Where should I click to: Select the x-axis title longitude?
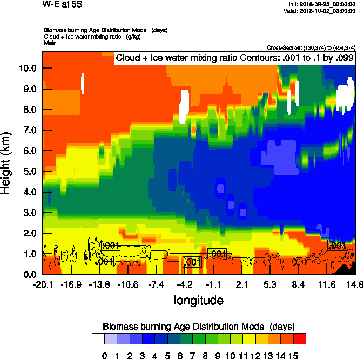click(x=198, y=300)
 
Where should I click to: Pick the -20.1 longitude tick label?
click(x=43, y=284)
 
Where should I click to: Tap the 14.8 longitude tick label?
click(x=355, y=284)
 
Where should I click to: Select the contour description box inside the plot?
click(x=234, y=58)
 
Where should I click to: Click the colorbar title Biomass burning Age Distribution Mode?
click(x=198, y=326)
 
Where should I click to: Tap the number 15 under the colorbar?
click(x=293, y=356)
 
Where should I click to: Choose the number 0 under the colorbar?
click(x=104, y=356)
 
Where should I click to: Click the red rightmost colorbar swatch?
click(x=300, y=339)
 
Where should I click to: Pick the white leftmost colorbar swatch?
click(x=98, y=339)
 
